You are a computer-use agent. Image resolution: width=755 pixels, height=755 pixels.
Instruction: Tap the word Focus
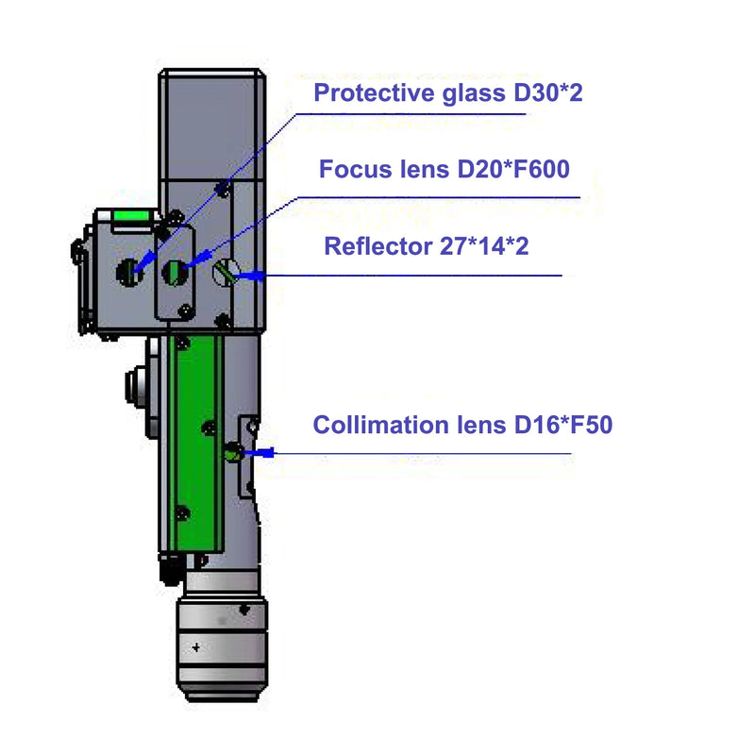click(350, 170)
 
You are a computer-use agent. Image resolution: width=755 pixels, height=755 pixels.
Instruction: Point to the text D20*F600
click(513, 170)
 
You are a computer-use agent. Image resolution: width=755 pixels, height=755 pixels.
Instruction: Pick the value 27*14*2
click(492, 247)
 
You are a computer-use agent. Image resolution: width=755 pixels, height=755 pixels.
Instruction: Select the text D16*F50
click(563, 425)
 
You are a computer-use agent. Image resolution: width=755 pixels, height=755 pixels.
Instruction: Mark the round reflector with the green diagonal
click(226, 274)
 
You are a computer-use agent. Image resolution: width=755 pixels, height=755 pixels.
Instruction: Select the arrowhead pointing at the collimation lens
click(265, 454)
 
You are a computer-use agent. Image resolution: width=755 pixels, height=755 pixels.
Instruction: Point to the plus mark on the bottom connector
click(195, 647)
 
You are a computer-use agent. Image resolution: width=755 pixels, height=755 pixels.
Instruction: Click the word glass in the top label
click(461, 93)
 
